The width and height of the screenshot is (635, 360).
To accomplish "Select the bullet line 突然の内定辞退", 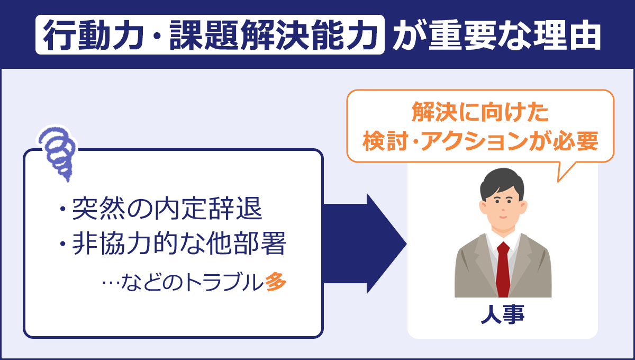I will tap(161, 210).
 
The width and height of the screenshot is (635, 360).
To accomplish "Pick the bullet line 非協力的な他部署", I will tap(173, 245).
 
